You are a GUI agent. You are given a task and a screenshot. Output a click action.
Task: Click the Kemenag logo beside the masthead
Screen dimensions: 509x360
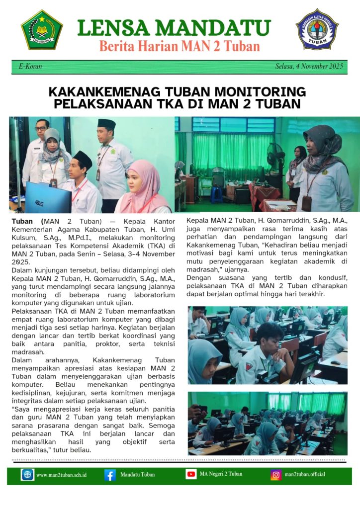(42, 29)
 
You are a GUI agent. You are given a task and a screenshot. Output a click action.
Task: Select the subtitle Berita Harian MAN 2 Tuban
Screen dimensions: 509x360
(180, 47)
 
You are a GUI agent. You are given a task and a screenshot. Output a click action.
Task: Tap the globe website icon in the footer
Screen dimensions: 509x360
(27, 475)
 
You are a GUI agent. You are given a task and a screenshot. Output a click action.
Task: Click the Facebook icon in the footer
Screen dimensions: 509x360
(110, 475)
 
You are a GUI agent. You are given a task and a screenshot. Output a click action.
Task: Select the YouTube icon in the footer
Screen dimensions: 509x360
(191, 474)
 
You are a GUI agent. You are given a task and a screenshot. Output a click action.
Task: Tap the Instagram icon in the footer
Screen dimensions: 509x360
(276, 475)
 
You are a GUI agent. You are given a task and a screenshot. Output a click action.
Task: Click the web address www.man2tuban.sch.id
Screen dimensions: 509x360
(62, 475)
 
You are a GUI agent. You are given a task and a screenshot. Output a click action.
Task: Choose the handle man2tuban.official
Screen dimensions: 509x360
(305, 474)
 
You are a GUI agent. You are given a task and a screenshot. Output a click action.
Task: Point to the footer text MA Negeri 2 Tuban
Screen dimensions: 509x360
(221, 474)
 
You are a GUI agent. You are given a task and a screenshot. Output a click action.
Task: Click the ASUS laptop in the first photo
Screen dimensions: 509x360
(48, 197)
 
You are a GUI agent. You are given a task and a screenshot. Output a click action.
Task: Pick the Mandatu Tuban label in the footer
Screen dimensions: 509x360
(137, 475)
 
